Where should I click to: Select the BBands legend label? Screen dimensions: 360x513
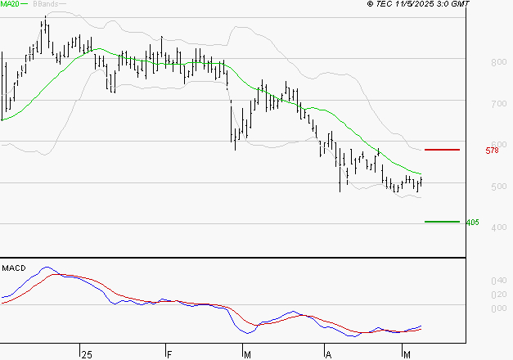click(x=44, y=4)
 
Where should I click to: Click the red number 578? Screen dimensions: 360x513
click(x=492, y=151)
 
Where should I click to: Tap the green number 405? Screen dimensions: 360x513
click(x=471, y=223)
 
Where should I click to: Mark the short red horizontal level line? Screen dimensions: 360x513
click(x=442, y=150)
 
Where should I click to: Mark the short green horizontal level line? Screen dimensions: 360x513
click(x=441, y=222)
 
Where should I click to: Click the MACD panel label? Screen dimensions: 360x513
click(x=14, y=268)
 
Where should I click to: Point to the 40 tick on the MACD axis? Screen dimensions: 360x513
click(x=498, y=281)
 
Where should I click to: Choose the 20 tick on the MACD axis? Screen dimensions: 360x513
click(x=498, y=295)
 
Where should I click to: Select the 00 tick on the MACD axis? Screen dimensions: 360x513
click(x=498, y=308)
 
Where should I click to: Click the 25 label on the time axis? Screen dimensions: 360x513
click(x=86, y=353)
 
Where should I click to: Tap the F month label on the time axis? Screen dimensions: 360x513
click(x=169, y=353)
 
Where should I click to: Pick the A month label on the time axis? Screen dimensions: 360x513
click(x=328, y=353)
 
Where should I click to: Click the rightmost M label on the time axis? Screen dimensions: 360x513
click(x=408, y=353)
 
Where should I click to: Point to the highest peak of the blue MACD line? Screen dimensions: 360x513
click(x=46, y=268)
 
